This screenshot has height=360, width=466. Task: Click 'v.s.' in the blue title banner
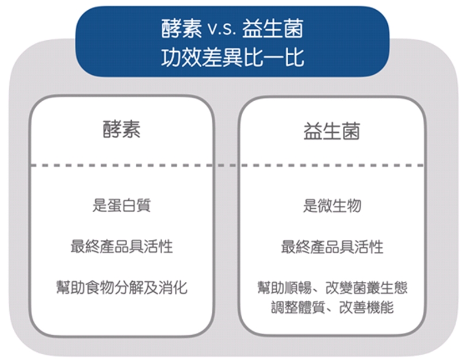click(x=221, y=29)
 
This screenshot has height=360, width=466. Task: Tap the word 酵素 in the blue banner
click(x=182, y=29)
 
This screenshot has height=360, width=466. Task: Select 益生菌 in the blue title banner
click(x=273, y=29)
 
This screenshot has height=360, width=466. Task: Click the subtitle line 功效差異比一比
click(x=232, y=57)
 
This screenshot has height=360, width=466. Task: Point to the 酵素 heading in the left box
click(x=121, y=129)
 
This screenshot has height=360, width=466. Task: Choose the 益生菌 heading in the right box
click(x=332, y=131)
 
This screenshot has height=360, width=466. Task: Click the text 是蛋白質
click(x=121, y=205)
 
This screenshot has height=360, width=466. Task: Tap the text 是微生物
click(x=332, y=205)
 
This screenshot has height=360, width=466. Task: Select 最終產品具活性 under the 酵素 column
click(x=121, y=247)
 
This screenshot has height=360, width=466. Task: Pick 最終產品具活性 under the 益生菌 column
click(x=332, y=247)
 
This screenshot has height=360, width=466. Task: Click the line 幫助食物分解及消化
click(x=122, y=287)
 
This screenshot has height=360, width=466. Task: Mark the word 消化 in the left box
click(x=173, y=287)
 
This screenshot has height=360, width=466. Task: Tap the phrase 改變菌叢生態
click(x=366, y=288)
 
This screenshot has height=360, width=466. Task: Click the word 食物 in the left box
click(x=100, y=287)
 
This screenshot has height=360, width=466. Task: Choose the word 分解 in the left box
click(x=129, y=287)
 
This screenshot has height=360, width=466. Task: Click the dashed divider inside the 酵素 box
click(x=121, y=165)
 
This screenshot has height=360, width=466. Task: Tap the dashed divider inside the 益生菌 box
click(x=332, y=165)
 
